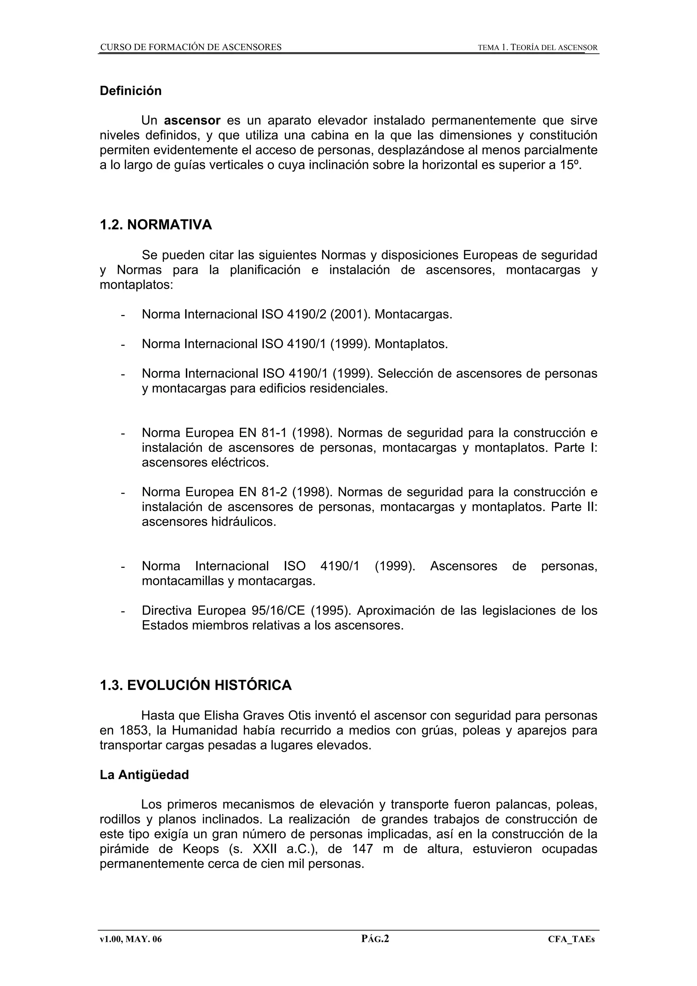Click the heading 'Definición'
tap(131, 91)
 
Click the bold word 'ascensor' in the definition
tap(192, 120)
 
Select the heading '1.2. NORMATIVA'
tap(156, 225)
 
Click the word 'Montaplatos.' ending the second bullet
tap(411, 344)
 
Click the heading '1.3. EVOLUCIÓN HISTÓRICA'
tap(195, 685)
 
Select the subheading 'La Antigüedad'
tap(144, 775)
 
